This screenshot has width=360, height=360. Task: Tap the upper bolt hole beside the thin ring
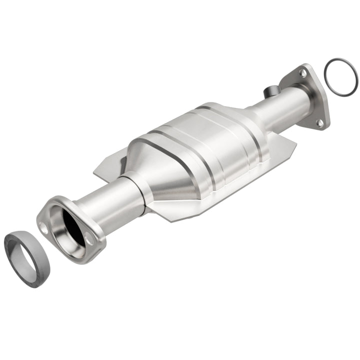click(x=302, y=73)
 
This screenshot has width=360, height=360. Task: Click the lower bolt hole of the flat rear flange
click(x=319, y=121)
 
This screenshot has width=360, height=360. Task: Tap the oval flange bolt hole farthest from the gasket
click(x=90, y=240)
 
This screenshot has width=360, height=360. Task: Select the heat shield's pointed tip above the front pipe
click(x=96, y=172)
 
